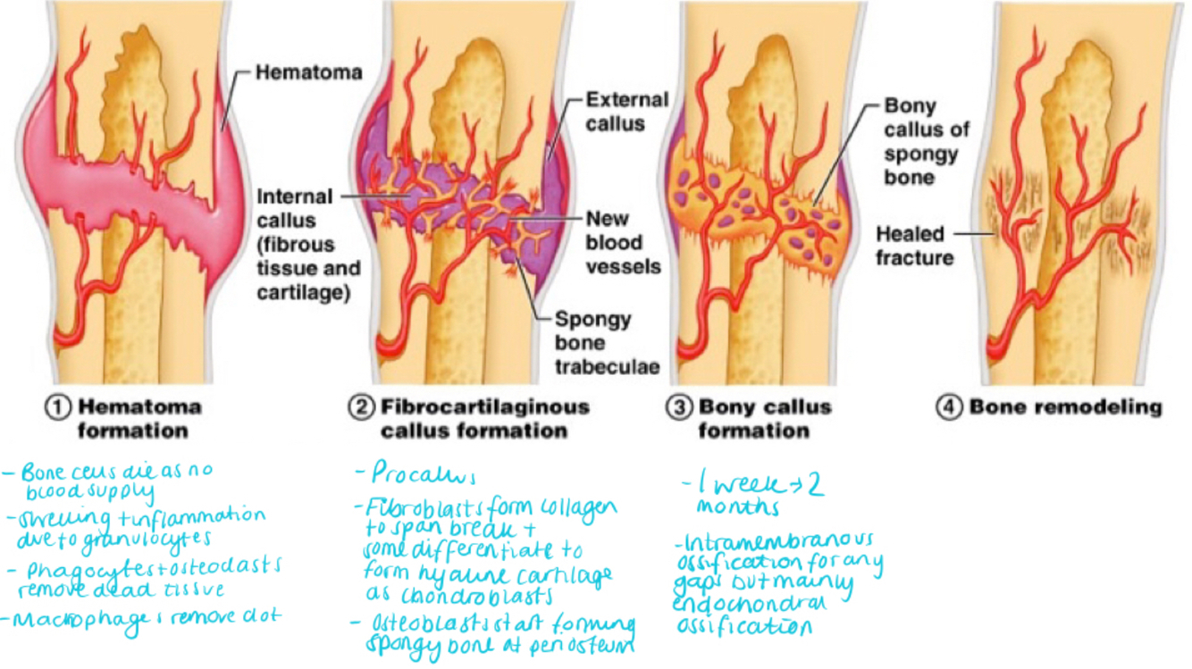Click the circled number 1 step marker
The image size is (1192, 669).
[x=60, y=407]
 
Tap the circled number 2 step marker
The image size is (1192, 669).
[x=361, y=407]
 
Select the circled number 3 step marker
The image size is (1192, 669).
[x=679, y=407]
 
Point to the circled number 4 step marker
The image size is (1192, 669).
[x=948, y=407]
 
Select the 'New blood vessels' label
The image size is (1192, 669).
[x=623, y=242]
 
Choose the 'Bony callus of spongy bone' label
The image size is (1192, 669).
[x=926, y=141]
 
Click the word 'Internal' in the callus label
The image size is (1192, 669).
[x=294, y=197]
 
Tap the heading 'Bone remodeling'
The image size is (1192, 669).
[x=1065, y=407]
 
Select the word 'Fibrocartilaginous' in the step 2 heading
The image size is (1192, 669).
[x=485, y=407]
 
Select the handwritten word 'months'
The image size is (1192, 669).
[x=738, y=508]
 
